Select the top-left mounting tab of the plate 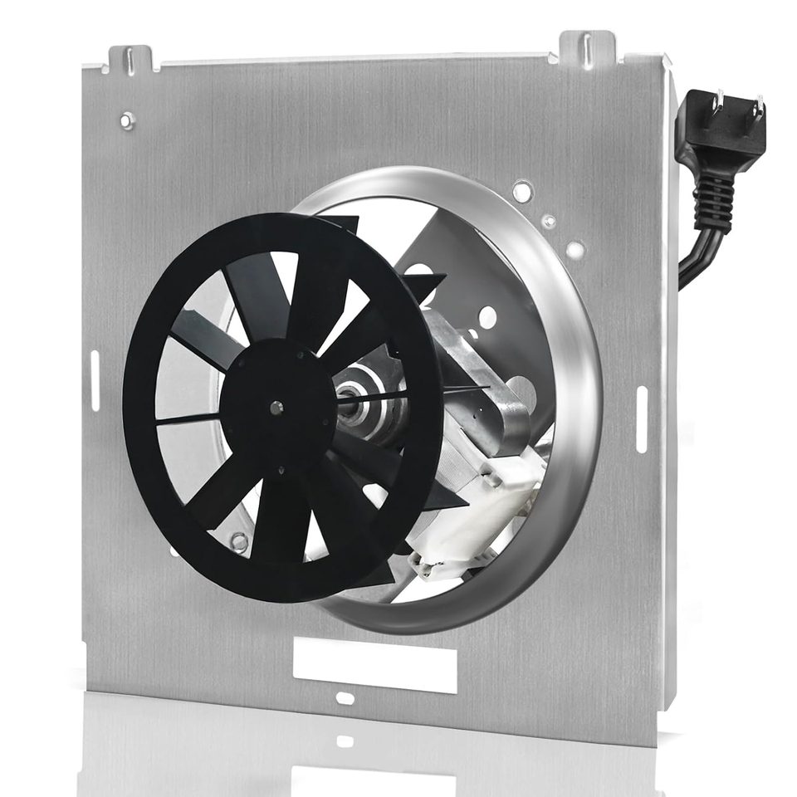pos(130,59)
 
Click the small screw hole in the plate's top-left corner pos(126,121)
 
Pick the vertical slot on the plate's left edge pos(95,379)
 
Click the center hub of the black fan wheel pos(276,407)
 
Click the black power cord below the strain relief pos(693,257)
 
